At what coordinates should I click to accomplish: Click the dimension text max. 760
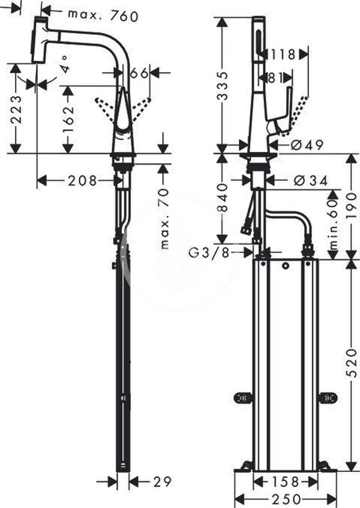[103, 15]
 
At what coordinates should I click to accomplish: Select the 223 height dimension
[16, 109]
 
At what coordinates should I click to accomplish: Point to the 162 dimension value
[68, 119]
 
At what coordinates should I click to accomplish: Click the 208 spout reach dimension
[82, 181]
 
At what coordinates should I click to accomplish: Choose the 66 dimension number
[139, 73]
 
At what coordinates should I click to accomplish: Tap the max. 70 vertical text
[165, 219]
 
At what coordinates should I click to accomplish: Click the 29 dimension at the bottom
[162, 482]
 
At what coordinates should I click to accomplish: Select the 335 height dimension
[223, 86]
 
